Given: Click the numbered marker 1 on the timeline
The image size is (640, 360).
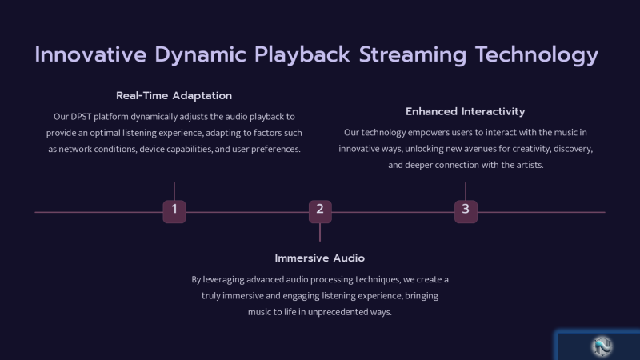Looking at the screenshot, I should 174,211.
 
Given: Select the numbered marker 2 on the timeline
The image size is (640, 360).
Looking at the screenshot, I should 320,211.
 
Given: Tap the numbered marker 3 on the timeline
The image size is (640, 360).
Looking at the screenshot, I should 466,211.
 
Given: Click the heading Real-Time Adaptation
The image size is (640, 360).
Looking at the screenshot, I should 174,96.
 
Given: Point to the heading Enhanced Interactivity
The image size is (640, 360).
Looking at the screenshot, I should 465,111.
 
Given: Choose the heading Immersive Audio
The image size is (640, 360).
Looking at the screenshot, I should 319,258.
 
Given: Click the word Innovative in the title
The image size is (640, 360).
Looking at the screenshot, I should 90,54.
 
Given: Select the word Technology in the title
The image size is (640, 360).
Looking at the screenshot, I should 537,54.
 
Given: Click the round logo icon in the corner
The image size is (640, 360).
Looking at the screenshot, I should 602,346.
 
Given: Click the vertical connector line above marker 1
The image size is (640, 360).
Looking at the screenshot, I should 174,191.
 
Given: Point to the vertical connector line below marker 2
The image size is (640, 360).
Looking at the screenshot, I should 320,232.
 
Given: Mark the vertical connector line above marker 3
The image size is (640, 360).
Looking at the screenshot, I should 466,191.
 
